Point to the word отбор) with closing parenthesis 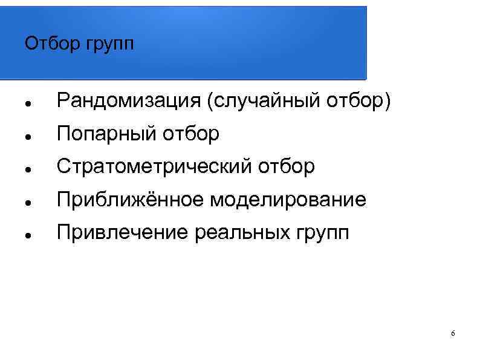click(357, 102)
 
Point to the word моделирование click(288, 200)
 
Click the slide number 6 click(453, 335)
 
